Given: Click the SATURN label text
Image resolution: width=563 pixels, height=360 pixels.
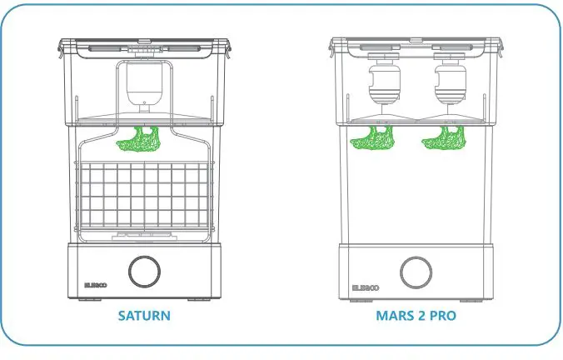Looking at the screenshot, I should [x=143, y=316].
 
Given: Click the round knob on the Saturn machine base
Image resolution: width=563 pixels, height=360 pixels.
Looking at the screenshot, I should [x=143, y=272].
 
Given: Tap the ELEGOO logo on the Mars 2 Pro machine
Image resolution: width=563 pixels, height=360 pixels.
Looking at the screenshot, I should [x=365, y=285].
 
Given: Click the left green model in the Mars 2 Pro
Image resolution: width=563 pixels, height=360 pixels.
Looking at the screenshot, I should [x=372, y=139].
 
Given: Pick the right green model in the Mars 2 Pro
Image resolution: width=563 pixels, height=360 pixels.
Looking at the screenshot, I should [x=444, y=139].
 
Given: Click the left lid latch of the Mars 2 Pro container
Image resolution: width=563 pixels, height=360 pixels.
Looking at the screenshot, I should [x=333, y=50].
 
